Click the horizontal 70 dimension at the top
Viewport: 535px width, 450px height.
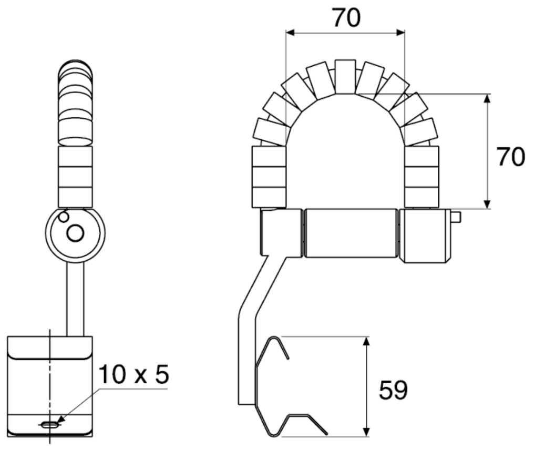point(346,18)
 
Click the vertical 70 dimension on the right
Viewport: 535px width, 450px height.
point(510,157)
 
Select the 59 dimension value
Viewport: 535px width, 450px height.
point(393,390)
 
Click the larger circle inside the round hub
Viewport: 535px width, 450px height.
point(75,233)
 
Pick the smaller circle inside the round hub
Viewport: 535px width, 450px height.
point(63,217)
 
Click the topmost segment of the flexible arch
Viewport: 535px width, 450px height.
point(345,77)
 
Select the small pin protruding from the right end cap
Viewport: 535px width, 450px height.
point(456,217)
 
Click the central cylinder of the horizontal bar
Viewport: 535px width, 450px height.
point(351,233)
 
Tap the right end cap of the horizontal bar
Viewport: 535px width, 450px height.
point(424,236)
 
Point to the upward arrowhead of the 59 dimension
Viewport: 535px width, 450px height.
point(367,342)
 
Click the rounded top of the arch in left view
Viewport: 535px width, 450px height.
point(75,68)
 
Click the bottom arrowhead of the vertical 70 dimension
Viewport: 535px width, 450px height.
point(487,204)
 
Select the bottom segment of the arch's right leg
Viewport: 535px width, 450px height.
point(421,197)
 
